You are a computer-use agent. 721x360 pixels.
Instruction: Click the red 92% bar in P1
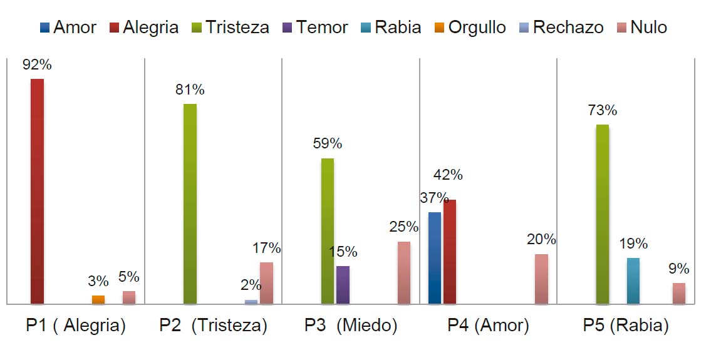[x=37, y=191]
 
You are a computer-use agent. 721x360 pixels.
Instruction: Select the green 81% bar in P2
[x=190, y=203]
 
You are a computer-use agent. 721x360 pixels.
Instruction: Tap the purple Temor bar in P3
[x=343, y=285]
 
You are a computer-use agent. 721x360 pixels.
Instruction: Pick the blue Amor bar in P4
[x=434, y=258]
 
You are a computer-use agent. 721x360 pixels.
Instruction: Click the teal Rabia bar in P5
[x=633, y=280]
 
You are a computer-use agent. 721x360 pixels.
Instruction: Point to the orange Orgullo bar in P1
[x=98, y=299]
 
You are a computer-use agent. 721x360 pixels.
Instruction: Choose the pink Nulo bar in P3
[x=404, y=272]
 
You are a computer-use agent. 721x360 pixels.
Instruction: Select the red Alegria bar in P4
[x=449, y=252]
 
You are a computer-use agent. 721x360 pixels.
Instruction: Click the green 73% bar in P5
[x=602, y=214]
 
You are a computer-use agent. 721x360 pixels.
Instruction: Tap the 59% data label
[x=328, y=143]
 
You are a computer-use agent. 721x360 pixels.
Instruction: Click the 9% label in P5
[x=678, y=269]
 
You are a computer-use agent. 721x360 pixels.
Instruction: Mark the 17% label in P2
[x=266, y=248]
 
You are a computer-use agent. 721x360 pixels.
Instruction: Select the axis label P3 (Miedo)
[x=351, y=326]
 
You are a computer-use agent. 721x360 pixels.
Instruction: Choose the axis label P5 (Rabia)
[x=625, y=326]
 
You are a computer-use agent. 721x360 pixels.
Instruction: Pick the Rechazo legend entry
[x=561, y=28]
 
